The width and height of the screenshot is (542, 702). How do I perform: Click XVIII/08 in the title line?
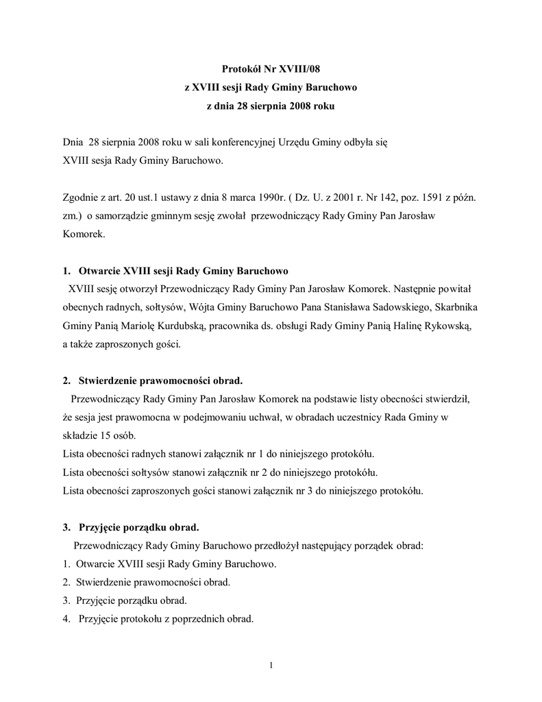tap(297, 69)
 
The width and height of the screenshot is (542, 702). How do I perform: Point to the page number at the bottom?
tap(271, 665)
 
